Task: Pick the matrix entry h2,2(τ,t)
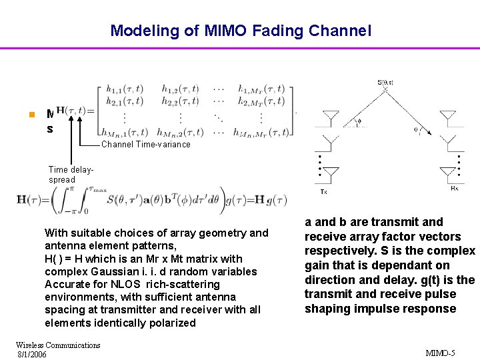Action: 182,101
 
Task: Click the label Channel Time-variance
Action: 145,145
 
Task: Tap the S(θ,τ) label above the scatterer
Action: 385,82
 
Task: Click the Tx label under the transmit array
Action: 323,191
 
